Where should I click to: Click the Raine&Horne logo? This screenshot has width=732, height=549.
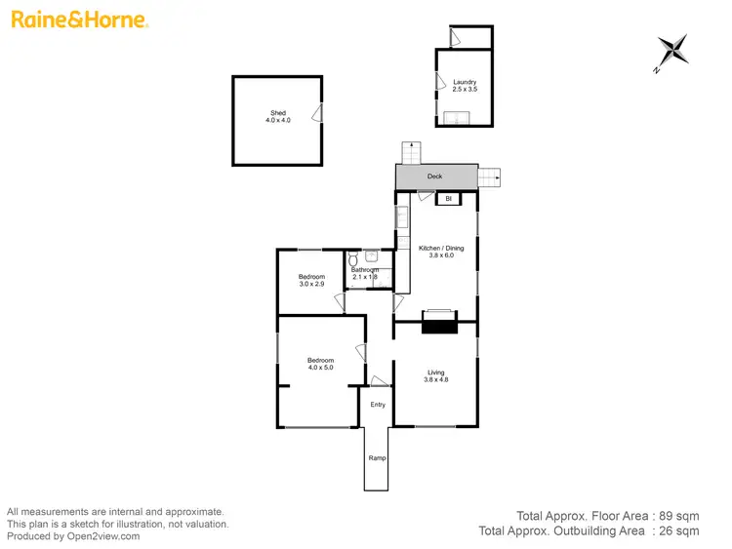coord(79,20)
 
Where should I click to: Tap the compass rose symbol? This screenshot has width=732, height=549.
coord(672,51)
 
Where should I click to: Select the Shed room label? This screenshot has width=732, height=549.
coord(277,117)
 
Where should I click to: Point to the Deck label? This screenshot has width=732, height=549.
coord(435,176)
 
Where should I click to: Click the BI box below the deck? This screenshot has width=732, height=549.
coord(449,199)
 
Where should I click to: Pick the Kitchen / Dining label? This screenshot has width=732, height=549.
coord(441,252)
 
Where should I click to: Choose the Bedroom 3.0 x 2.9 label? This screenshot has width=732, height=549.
coord(311,281)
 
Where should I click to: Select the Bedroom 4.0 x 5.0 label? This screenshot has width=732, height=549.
coord(321,364)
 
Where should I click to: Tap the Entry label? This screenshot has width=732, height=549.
coord(378,405)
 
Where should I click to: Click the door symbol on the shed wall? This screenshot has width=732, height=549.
coord(316,114)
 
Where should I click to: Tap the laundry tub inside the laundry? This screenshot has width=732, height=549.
coord(457,118)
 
